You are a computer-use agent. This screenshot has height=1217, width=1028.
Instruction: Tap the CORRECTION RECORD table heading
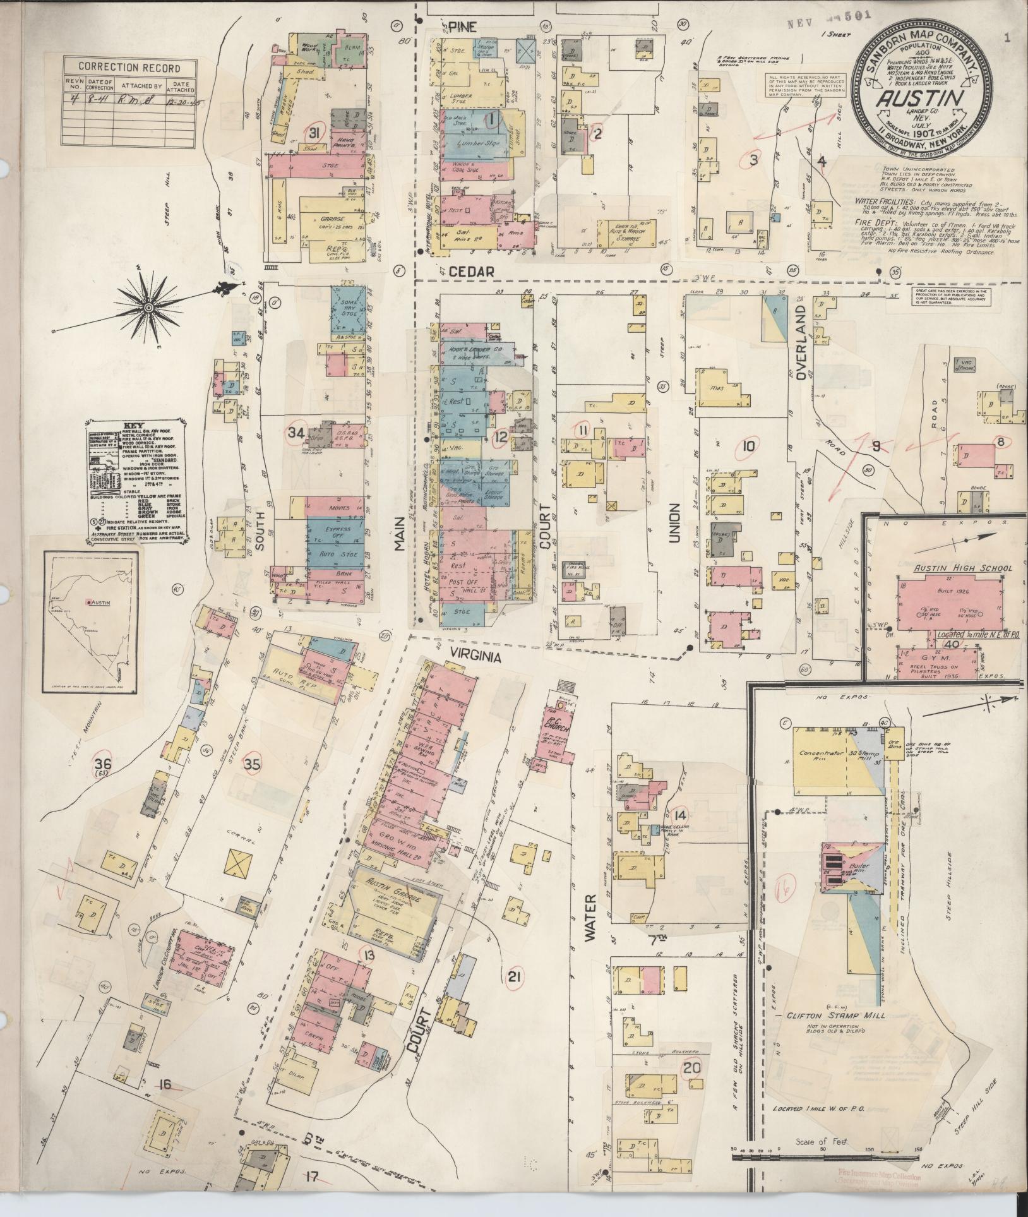coord(129,68)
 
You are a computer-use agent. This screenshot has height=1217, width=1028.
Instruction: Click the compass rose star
coord(148,307)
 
